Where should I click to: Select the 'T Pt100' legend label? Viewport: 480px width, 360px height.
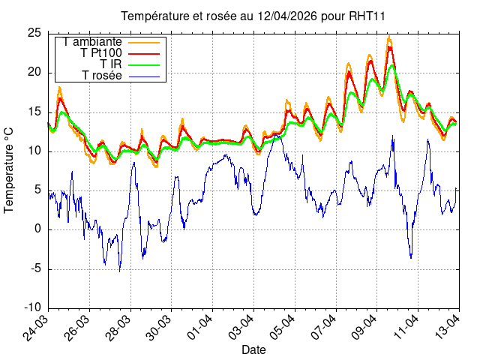(x=100, y=53)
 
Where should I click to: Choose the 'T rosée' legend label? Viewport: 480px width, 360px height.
(x=101, y=76)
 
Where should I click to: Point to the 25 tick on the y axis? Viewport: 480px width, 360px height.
(x=34, y=33)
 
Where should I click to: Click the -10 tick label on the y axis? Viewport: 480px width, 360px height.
(x=32, y=307)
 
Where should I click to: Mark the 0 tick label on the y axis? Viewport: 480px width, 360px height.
(x=38, y=229)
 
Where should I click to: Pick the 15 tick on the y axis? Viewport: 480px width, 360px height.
(x=34, y=112)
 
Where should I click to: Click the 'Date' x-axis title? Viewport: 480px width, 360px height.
(x=253, y=350)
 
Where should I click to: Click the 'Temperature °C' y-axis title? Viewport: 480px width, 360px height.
(x=10, y=169)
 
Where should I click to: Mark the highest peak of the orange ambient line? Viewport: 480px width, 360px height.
(x=388, y=37)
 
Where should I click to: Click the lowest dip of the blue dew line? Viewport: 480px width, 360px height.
(x=119, y=271)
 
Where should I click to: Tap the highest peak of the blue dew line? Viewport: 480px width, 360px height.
(x=392, y=136)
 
